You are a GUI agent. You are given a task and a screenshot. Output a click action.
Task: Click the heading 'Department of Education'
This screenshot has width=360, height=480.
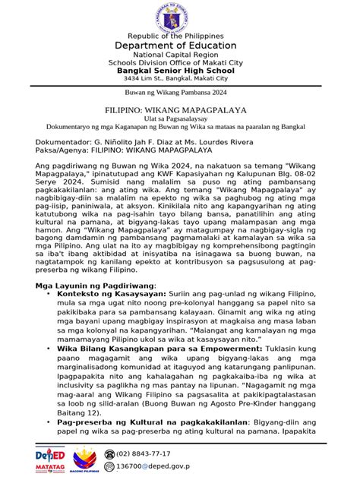coord(180,46)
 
